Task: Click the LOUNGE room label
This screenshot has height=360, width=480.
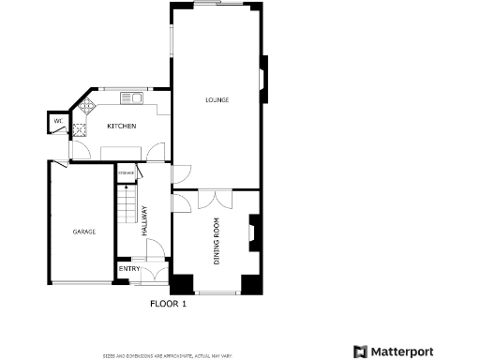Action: [217, 99]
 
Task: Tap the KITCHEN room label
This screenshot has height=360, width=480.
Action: [121, 126]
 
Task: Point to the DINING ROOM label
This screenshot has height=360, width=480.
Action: [217, 242]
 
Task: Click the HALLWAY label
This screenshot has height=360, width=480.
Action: [144, 221]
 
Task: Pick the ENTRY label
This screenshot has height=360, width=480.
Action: [127, 270]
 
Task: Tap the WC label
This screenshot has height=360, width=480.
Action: [57, 121]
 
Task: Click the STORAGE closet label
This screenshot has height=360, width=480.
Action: [127, 174]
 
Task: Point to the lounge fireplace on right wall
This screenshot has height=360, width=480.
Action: [263, 81]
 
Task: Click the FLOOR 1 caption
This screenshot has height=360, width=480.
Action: [169, 304]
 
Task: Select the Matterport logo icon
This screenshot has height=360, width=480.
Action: [361, 352]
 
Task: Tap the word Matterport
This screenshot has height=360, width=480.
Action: [403, 352]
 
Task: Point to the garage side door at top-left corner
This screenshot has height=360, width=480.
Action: [59, 165]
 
